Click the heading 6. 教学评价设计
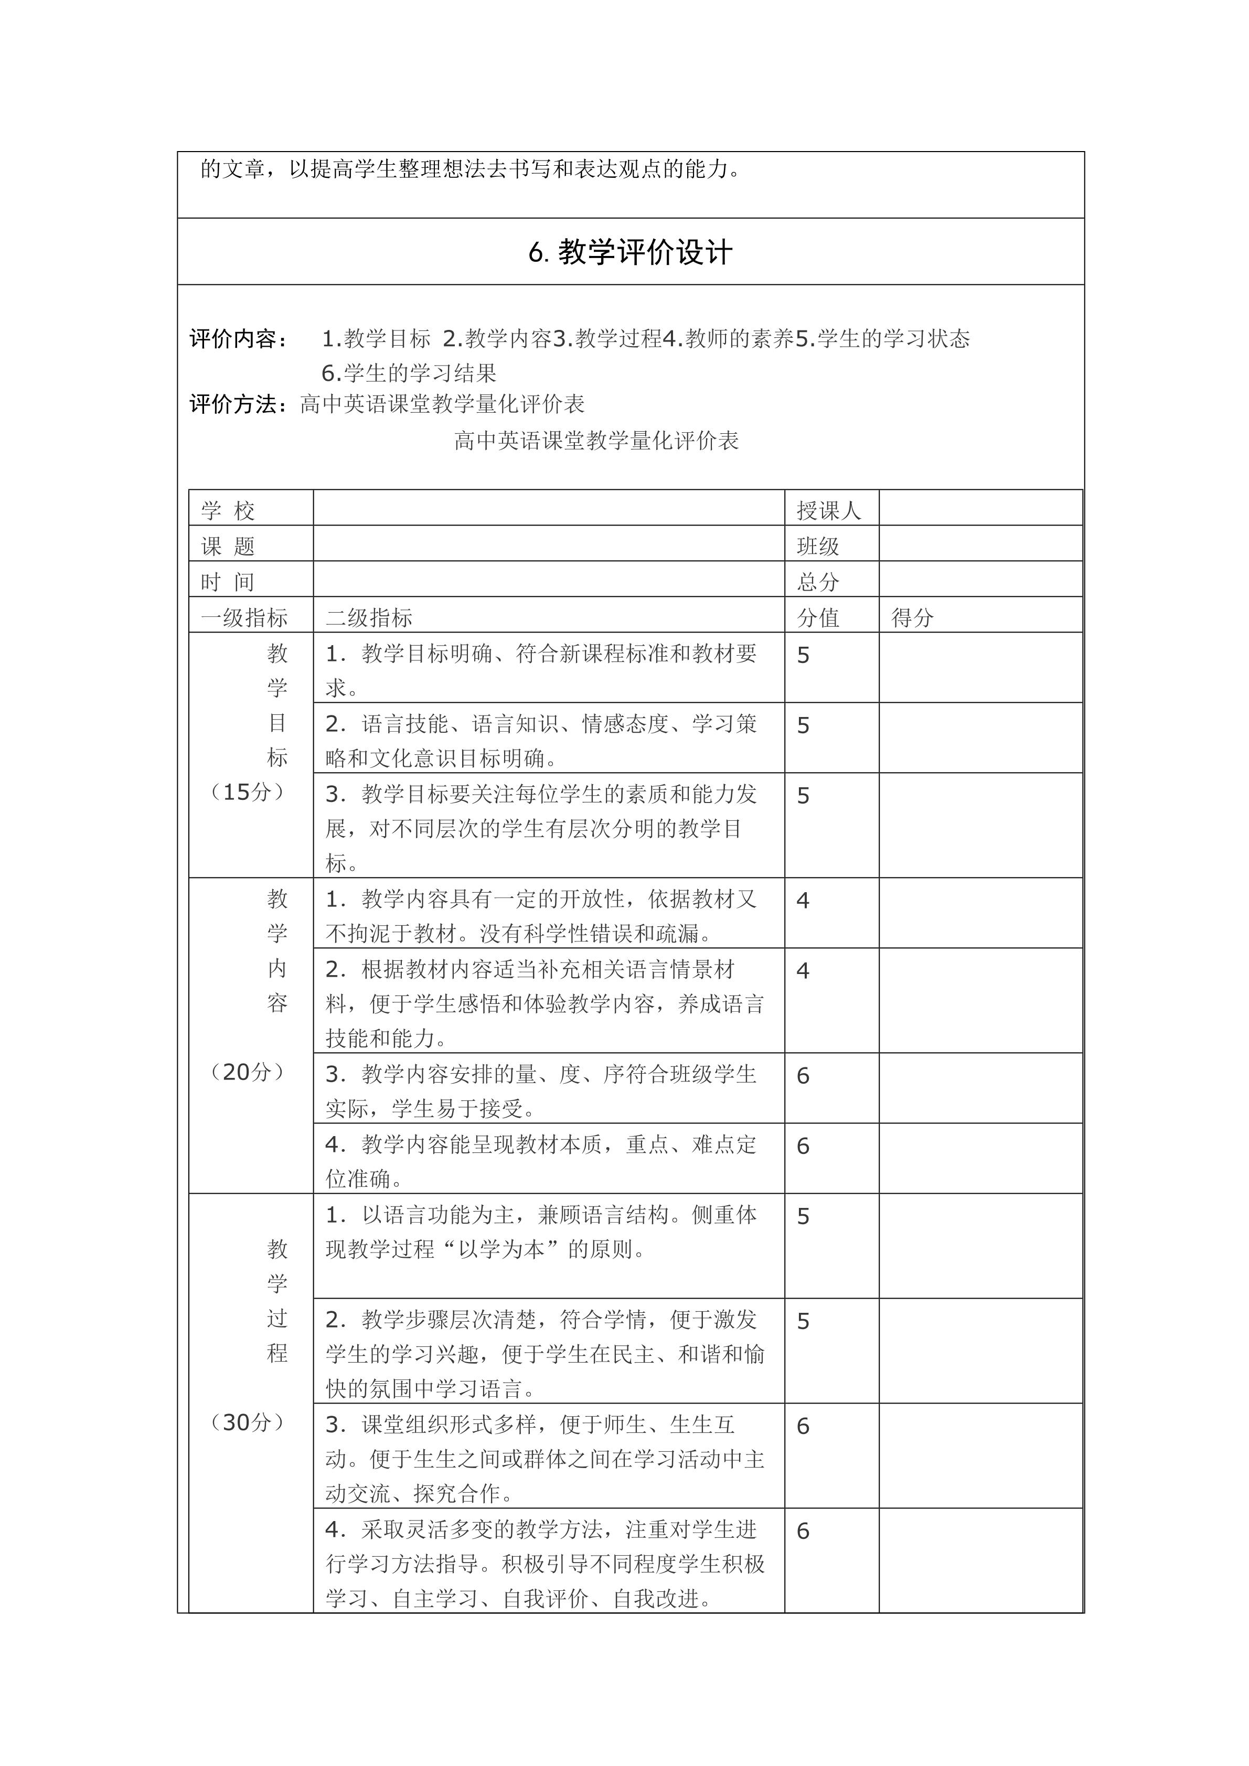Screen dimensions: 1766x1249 pyautogui.click(x=630, y=252)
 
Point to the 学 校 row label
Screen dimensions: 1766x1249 pyautogui.click(x=228, y=510)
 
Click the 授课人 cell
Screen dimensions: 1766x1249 pyautogui.click(x=828, y=510)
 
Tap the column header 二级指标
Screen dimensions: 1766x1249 pyautogui.click(x=369, y=618)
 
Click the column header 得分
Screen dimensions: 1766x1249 pyautogui.click(x=912, y=618)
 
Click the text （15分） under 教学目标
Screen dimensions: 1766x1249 pyautogui.click(x=248, y=792)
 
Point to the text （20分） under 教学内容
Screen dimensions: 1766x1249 pyautogui.click(x=248, y=1072)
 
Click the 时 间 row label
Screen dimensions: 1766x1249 pyautogui.click(x=228, y=582)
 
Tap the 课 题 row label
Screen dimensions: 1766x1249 pyautogui.click(x=228, y=546)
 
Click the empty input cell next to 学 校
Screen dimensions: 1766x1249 pyautogui.click(x=548, y=508)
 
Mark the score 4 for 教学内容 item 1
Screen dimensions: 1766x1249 pyautogui.click(x=803, y=901)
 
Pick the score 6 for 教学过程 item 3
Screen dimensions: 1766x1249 pyautogui.click(x=803, y=1427)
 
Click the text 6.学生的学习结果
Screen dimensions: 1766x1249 pyautogui.click(x=409, y=373)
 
